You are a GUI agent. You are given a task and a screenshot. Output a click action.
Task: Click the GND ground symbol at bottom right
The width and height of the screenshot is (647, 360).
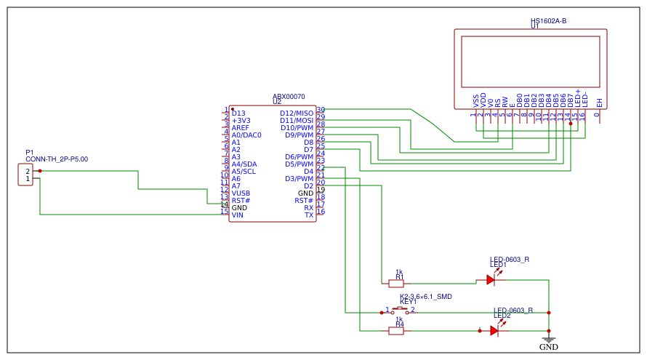pyautogui.click(x=549, y=340)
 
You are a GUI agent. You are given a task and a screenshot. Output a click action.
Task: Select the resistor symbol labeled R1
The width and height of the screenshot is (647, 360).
pyautogui.click(x=396, y=283)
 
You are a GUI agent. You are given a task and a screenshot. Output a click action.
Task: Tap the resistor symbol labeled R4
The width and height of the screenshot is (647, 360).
pyautogui.click(x=396, y=331)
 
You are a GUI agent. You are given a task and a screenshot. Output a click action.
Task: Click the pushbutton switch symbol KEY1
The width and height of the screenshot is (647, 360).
pyautogui.click(x=399, y=311)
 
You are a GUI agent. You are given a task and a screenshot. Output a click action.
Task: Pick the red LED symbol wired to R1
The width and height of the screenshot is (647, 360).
pyautogui.click(x=491, y=279)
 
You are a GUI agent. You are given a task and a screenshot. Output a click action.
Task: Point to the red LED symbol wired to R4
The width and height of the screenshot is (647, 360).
pyautogui.click(x=495, y=330)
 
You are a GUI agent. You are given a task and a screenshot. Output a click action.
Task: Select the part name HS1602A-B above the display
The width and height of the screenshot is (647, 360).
pyautogui.click(x=548, y=21)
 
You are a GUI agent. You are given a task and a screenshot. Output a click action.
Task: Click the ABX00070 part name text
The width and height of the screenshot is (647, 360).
pyautogui.click(x=289, y=97)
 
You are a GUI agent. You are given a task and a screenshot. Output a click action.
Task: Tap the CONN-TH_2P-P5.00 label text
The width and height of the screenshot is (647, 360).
pyautogui.click(x=57, y=159)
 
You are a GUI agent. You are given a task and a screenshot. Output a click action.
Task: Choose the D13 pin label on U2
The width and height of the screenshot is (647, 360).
pyautogui.click(x=238, y=113)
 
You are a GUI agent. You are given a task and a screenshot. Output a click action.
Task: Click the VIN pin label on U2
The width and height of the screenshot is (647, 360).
pyautogui.click(x=237, y=215)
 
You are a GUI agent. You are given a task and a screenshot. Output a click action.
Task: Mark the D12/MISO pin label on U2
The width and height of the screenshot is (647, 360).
pyautogui.click(x=297, y=113)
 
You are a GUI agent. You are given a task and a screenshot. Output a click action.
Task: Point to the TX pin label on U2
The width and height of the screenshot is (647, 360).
pyautogui.click(x=309, y=215)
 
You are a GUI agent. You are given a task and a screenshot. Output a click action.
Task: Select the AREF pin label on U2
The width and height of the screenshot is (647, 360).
pyautogui.click(x=240, y=128)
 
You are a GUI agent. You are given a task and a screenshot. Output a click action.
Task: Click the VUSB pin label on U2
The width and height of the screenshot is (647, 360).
pyautogui.click(x=241, y=193)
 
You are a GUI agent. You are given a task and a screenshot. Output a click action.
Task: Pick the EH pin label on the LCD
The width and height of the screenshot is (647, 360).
pyautogui.click(x=600, y=103)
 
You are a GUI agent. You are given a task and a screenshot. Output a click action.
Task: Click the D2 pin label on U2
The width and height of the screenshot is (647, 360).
pyautogui.click(x=308, y=186)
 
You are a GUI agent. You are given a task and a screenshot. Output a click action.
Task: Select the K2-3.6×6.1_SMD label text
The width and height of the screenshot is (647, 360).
pyautogui.click(x=426, y=297)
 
